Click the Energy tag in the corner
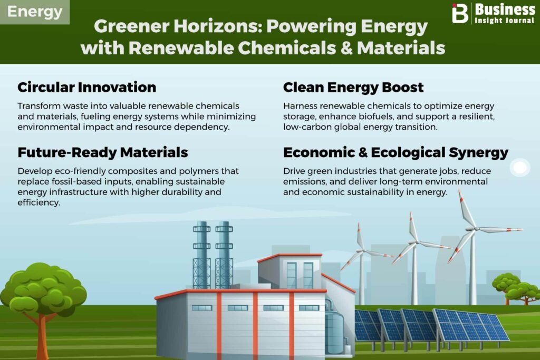(x=34, y=12)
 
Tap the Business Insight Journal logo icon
(x=460, y=13)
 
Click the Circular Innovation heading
(x=87, y=87)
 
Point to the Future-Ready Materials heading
(x=103, y=152)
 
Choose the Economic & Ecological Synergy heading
(x=396, y=152)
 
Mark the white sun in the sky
(x=519, y=168)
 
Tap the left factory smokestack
(x=201, y=255)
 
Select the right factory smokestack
(x=224, y=255)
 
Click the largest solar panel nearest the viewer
(x=470, y=325)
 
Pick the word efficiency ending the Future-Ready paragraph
(x=39, y=202)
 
